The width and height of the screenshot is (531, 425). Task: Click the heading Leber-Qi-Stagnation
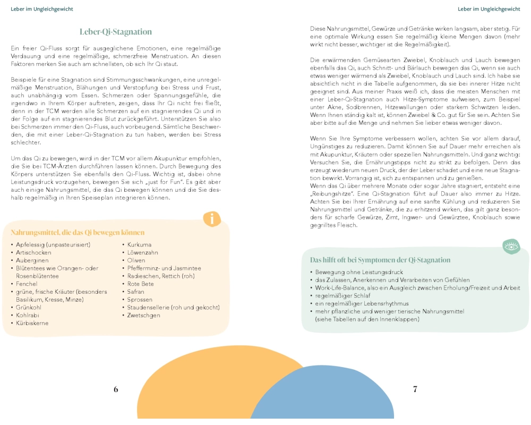pos(116,32)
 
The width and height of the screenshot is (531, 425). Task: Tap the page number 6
pos(116,389)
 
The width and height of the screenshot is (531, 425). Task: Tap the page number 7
pos(415,389)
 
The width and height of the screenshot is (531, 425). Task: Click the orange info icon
pos(212,218)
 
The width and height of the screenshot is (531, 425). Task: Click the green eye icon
pos(511,246)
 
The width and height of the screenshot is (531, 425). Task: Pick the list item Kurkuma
pos(140,244)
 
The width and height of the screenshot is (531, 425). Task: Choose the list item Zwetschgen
pos(144,315)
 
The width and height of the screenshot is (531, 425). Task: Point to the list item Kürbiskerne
pos(33,323)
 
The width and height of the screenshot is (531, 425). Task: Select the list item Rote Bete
pos(141,284)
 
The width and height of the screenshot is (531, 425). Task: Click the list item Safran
pos(136,292)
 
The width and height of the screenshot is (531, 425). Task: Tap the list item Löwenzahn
pos(143,252)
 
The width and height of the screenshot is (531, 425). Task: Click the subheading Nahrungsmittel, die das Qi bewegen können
pos(78,232)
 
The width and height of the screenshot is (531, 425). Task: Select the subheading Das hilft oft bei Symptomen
pos(380,260)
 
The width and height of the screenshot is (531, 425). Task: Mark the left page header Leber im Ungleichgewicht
pos(42,9)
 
